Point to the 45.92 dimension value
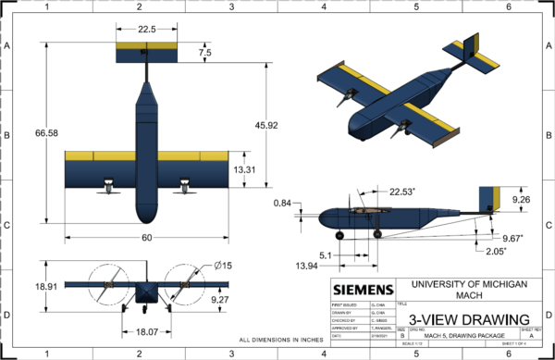[267, 124]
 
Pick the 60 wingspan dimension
[146, 237]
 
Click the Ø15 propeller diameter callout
[223, 267]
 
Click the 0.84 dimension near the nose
[284, 204]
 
